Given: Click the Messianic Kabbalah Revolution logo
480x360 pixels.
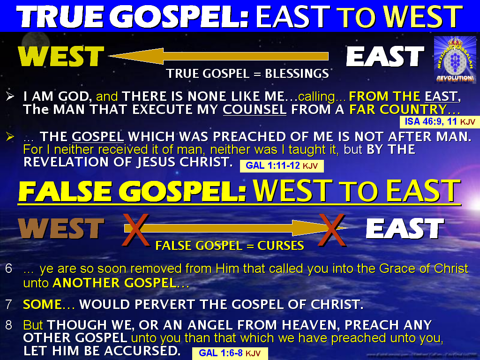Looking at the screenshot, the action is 455,60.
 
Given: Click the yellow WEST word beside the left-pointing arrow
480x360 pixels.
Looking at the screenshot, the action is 61,56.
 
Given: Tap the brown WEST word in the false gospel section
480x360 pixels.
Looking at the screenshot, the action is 61,228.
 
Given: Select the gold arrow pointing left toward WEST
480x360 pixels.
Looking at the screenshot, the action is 218,56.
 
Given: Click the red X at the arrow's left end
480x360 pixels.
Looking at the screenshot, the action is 135,230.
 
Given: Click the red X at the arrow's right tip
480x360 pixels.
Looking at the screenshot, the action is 332,230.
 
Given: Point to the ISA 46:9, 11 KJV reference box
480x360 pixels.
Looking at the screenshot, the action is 440,122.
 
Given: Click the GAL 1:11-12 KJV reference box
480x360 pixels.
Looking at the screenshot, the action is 282,166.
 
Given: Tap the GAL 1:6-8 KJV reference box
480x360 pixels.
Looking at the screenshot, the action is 230,353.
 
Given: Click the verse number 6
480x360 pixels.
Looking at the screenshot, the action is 8,269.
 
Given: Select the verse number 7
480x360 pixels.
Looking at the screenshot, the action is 8,304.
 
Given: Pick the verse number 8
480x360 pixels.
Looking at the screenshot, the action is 8,325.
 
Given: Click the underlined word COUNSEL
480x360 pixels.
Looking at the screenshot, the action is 255,109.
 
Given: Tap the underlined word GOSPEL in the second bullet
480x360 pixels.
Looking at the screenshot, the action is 97,136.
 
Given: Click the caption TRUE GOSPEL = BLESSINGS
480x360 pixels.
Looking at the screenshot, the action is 247,74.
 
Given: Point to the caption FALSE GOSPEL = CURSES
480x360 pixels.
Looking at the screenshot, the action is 230,246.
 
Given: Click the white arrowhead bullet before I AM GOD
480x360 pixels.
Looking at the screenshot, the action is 10,96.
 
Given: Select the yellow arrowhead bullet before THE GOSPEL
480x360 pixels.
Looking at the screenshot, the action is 10,136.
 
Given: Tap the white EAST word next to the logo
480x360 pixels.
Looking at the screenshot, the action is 385,56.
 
